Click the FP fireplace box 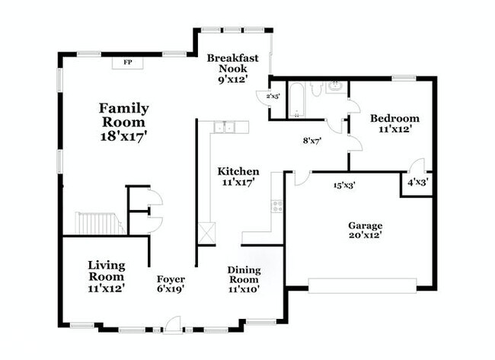click(128, 62)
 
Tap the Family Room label click(123, 116)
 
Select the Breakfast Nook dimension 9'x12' click(232, 79)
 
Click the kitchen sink click(225, 127)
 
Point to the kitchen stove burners click(277, 206)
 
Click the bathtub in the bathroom click(296, 100)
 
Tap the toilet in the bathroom click(315, 88)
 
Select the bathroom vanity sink click(336, 87)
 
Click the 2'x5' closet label click(273, 96)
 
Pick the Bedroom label click(395, 119)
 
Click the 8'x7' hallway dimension click(312, 141)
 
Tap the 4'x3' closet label click(417, 183)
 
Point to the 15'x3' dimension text click(345, 185)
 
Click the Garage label click(366, 225)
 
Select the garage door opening click(362, 286)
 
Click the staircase click(99, 224)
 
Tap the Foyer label click(171, 279)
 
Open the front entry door click(172, 325)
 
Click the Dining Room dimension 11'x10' click(244, 289)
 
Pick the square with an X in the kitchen click(207, 233)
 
